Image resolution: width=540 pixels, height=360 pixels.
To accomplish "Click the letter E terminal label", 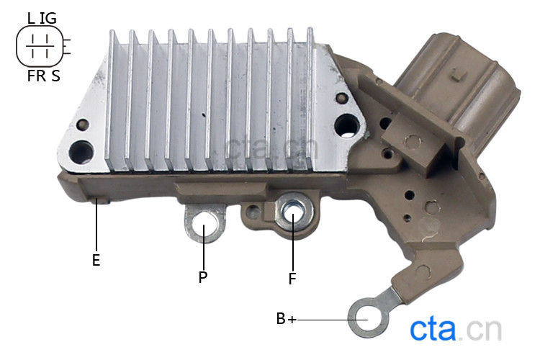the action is (x=96, y=260).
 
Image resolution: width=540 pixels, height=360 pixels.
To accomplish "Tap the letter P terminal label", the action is (x=203, y=277).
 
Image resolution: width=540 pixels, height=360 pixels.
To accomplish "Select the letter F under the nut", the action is (x=292, y=279).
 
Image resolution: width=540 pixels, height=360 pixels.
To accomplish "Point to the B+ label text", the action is (x=286, y=319).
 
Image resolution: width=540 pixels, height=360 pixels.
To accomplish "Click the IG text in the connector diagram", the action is (x=48, y=18).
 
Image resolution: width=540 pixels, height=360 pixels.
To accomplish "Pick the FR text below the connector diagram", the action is (x=37, y=76).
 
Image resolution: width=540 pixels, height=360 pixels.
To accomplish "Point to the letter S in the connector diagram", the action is (x=55, y=76).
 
